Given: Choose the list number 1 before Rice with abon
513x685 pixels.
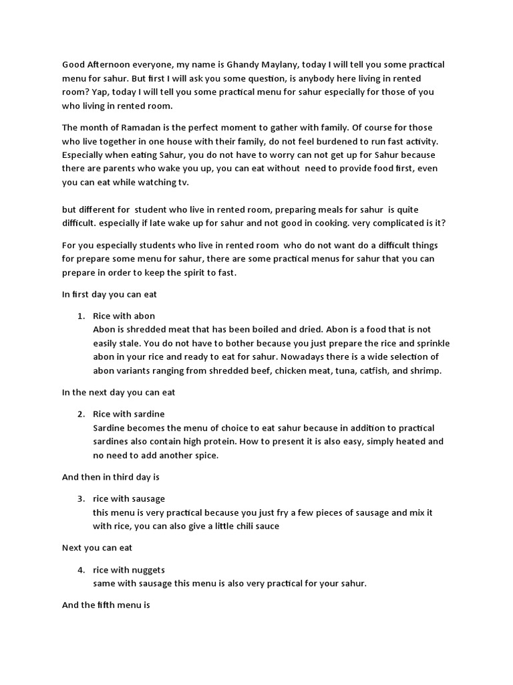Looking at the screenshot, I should coord(80,316).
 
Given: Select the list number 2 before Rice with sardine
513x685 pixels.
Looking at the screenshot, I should coord(80,414).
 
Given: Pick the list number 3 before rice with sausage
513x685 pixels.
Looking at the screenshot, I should coord(80,499).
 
